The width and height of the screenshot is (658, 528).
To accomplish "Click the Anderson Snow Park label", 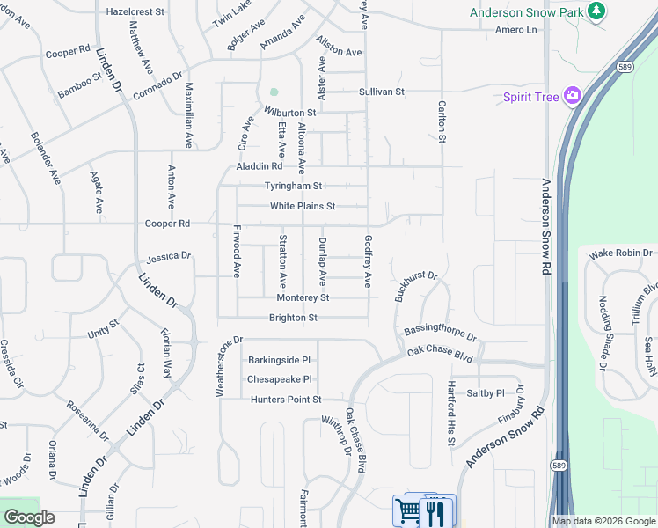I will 527,12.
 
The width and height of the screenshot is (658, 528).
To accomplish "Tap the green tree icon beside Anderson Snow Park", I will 597,11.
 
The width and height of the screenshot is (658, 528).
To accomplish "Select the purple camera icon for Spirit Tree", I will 574,95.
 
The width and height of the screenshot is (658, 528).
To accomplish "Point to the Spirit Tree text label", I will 531,97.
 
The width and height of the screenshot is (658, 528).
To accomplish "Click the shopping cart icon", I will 408,510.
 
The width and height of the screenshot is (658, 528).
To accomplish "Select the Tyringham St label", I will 294,186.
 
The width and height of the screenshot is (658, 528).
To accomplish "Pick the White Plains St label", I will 303,206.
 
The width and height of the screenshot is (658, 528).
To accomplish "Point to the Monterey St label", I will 302,298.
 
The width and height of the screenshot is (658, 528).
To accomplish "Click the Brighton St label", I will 292,318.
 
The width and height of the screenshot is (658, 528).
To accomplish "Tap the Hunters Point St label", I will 274,400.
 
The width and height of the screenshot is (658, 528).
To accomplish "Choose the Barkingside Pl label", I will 280,360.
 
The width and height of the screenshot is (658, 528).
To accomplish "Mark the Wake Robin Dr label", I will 614,253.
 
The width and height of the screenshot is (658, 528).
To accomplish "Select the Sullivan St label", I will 381,92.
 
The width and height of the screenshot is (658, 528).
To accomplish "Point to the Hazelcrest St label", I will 135,12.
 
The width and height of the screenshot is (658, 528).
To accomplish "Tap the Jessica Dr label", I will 169,257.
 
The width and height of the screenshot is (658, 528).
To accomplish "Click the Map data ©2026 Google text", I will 603,521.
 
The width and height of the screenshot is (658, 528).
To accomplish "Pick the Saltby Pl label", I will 486,393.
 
